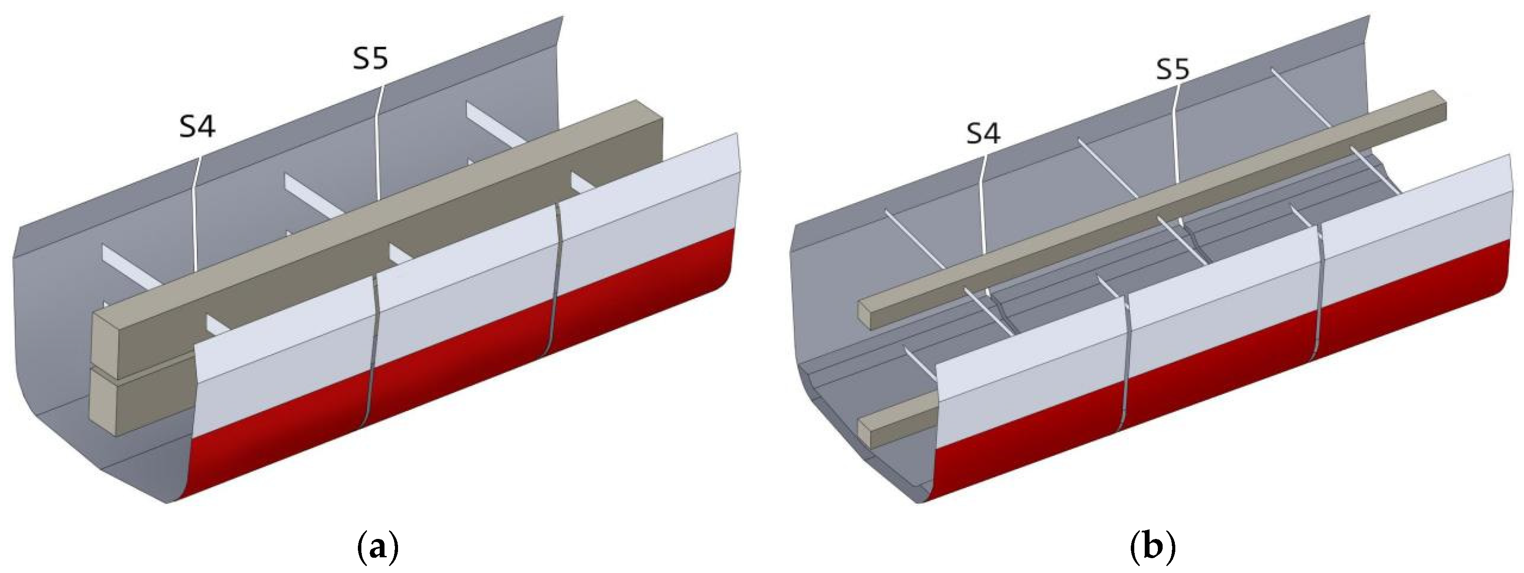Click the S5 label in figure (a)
(371, 60)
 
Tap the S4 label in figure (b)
(983, 135)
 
